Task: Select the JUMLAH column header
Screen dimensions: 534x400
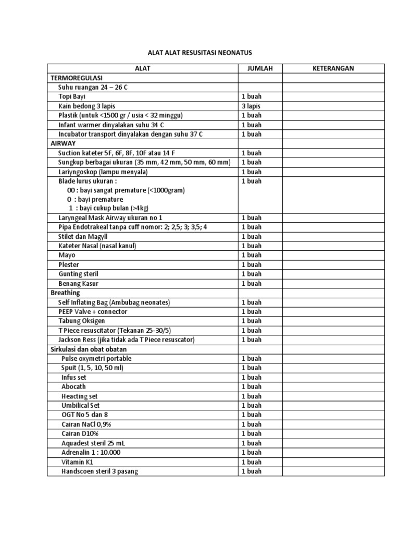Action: coord(260,68)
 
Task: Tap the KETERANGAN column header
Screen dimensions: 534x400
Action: coord(333,68)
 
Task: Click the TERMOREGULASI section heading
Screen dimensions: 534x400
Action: coord(76,78)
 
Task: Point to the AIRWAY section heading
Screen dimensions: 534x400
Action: coord(63,143)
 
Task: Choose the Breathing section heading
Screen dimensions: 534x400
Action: coord(65,293)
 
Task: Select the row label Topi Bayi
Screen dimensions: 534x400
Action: coord(72,96)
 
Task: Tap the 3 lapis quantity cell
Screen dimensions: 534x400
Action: coord(251,106)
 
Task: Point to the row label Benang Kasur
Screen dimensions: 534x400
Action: coord(78,284)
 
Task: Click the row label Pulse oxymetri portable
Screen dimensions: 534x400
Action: coord(96,359)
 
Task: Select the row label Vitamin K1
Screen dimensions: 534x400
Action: coord(78,462)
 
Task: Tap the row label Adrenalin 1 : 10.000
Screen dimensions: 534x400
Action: coord(91,453)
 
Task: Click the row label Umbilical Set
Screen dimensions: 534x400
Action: coord(81,406)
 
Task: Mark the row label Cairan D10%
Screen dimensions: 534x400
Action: coord(80,434)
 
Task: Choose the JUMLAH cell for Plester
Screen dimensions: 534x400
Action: coord(251,265)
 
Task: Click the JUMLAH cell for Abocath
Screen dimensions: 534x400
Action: coord(251,387)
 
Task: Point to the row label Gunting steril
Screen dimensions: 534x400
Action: coord(78,274)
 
